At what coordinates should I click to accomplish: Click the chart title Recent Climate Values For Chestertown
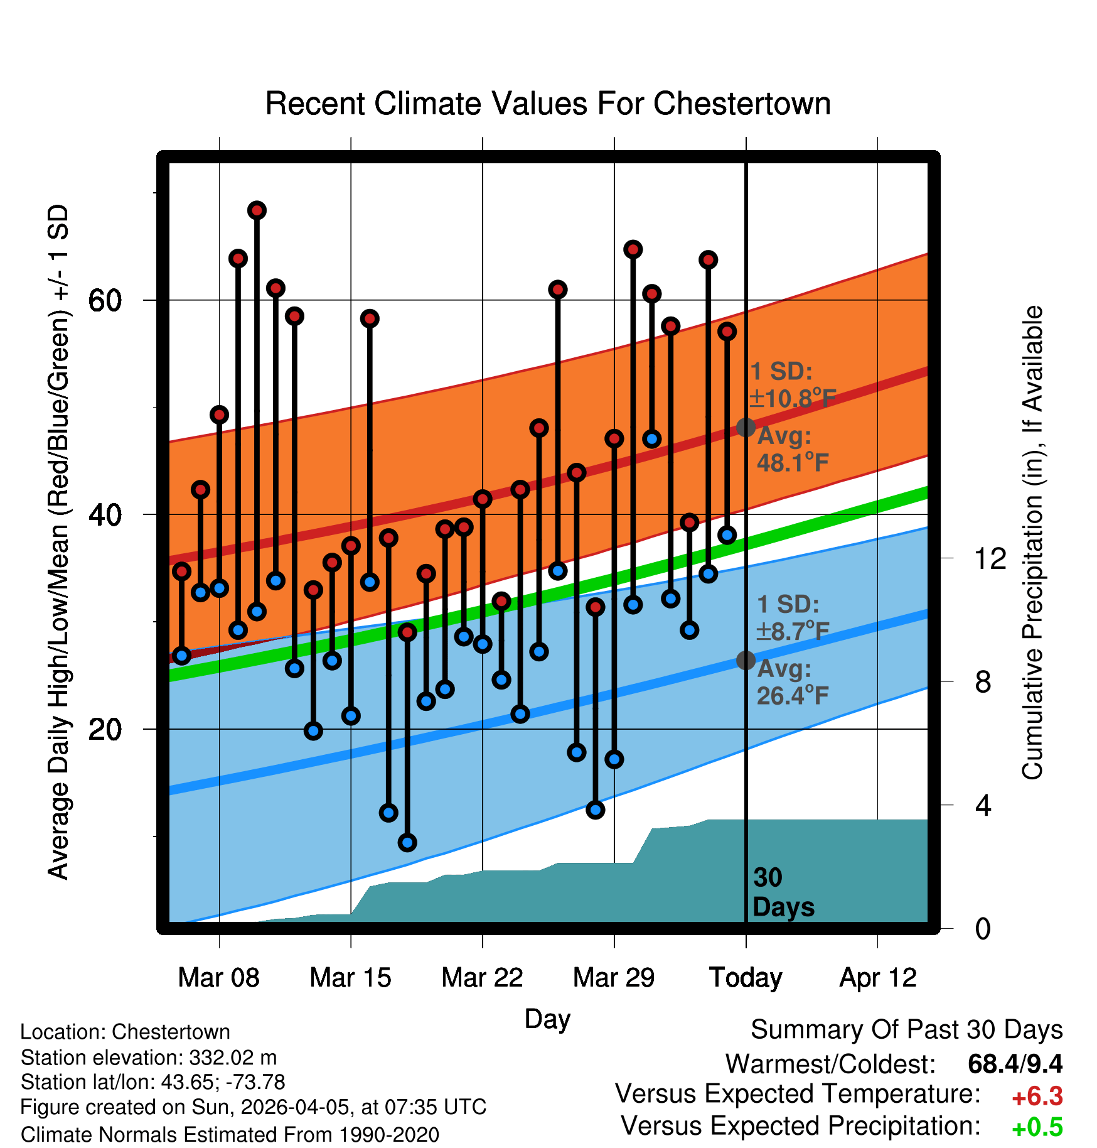(548, 104)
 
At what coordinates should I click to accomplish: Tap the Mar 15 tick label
(350, 978)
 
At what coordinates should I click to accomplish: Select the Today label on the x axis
(746, 978)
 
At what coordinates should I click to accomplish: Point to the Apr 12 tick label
(878, 978)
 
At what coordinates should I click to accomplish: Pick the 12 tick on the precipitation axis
(990, 558)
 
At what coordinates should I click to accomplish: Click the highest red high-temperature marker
(257, 210)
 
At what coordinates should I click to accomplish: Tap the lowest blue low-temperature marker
(407, 842)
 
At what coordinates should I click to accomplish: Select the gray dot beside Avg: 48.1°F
(746, 427)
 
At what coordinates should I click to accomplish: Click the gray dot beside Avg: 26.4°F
(746, 660)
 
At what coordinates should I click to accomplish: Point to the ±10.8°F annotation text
(793, 398)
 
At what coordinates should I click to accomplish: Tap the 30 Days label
(783, 892)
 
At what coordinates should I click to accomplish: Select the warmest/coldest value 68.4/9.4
(1015, 1064)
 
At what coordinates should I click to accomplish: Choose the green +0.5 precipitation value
(1037, 1127)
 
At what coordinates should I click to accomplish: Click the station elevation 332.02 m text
(148, 1058)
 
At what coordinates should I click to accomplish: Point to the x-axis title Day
(547, 1019)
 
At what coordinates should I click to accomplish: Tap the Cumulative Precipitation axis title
(1032, 543)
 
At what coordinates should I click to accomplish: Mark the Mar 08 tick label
(218, 978)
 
